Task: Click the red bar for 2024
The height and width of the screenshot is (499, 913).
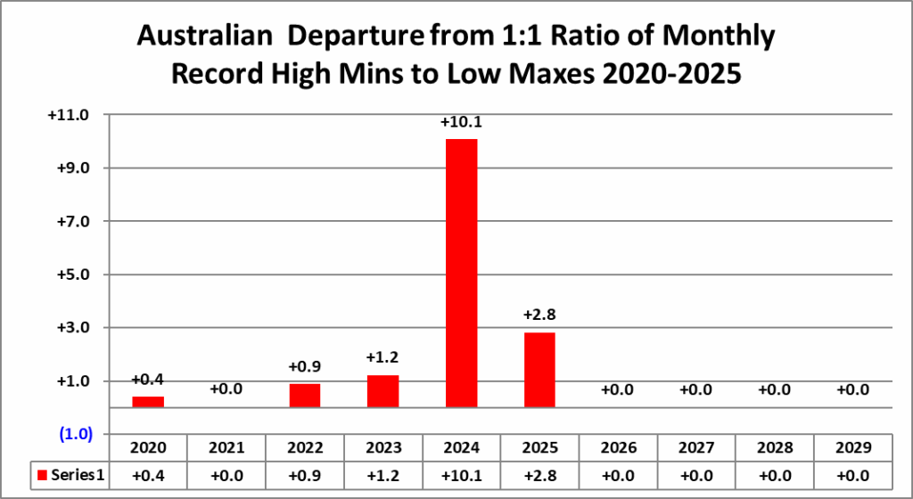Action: tap(461, 273)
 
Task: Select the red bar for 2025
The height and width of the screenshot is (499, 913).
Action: tap(539, 370)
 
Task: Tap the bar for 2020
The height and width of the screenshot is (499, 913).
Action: tap(148, 402)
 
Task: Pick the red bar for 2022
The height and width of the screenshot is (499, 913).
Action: tap(305, 396)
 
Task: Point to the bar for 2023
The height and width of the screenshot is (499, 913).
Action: tap(383, 391)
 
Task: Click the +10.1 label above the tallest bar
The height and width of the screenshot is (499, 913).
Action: tap(461, 122)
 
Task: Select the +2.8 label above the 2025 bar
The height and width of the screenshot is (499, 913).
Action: tap(539, 316)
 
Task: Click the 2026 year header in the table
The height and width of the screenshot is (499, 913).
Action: tap(618, 448)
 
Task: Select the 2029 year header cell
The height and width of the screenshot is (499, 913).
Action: tap(853, 448)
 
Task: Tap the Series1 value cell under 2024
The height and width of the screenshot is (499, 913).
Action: tap(461, 476)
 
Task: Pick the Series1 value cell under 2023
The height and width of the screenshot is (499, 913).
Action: tap(383, 476)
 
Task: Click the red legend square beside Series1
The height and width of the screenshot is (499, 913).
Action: tap(42, 476)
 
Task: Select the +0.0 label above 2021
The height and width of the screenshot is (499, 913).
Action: tap(226, 389)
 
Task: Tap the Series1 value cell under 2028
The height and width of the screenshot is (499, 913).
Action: tap(775, 476)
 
